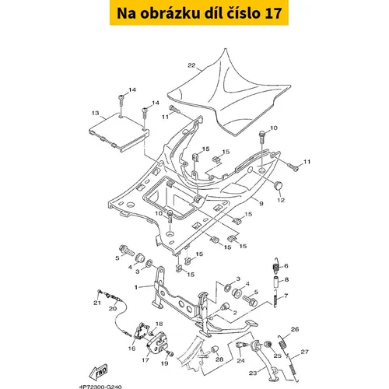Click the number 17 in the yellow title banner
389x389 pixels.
click(x=273, y=13)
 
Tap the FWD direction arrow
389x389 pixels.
click(x=98, y=372)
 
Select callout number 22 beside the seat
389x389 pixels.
click(x=191, y=65)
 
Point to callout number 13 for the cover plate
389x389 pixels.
click(x=96, y=113)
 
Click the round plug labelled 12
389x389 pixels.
click(x=279, y=185)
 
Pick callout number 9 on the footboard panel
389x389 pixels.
click(x=261, y=204)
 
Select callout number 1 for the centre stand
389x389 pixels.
click(x=136, y=287)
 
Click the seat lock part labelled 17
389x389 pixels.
click(x=156, y=343)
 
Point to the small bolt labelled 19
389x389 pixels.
click(x=170, y=353)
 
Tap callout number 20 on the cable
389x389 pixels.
click(x=113, y=308)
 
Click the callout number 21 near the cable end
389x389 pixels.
click(x=97, y=303)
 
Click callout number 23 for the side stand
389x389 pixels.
click(x=253, y=373)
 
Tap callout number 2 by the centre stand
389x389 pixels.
click(x=235, y=313)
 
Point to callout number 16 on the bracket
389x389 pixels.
click(x=131, y=349)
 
